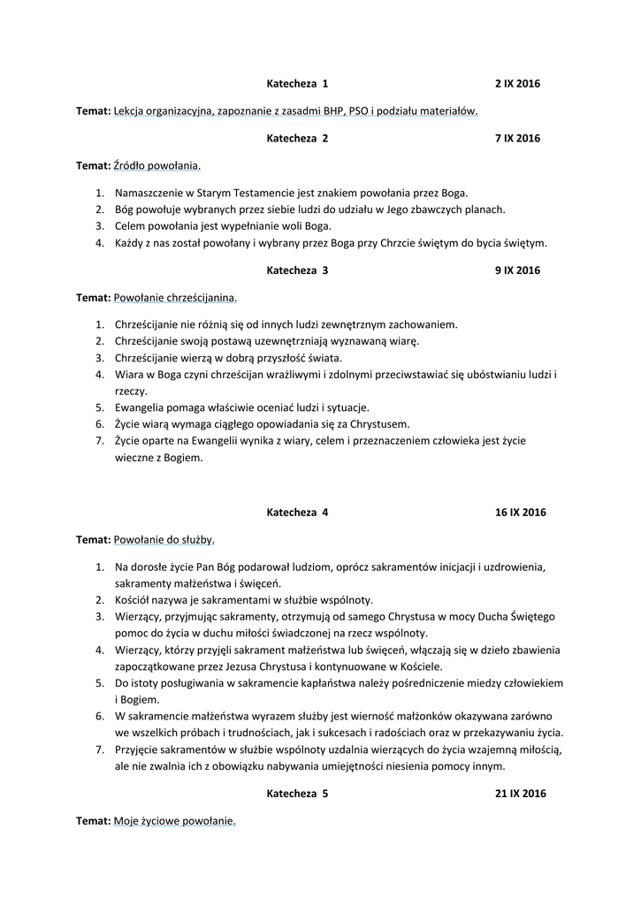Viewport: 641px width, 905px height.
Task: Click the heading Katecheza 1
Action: (297, 84)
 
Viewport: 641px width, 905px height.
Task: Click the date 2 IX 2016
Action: (517, 84)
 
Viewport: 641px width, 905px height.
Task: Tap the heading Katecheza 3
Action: (297, 270)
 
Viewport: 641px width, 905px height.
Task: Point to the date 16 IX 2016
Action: (521, 513)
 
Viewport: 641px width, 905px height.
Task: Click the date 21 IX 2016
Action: (521, 794)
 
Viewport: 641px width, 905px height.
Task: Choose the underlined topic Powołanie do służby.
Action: (164, 539)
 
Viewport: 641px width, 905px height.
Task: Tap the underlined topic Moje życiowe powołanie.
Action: (174, 821)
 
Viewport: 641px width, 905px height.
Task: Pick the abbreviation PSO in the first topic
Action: (359, 111)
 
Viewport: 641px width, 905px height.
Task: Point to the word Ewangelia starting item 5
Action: (141, 407)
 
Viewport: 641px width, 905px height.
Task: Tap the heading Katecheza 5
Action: (297, 794)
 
